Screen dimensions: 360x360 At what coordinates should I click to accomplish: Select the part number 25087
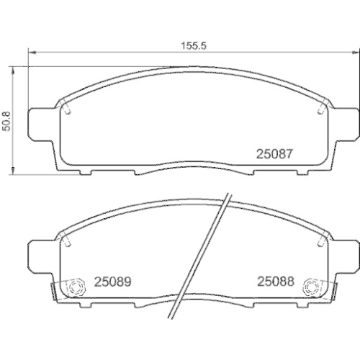(x=273, y=153)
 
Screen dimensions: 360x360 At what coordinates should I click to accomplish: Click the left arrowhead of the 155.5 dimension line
(x=30, y=52)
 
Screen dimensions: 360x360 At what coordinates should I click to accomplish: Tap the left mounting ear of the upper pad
(x=40, y=125)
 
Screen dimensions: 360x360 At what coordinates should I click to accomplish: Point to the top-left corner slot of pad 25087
(x=66, y=108)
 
